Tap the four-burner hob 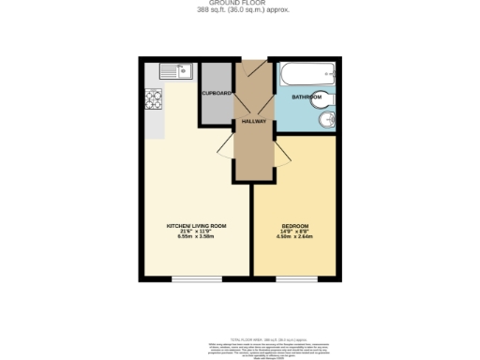coord(155,98)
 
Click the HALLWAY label coord(254,122)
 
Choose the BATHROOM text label coord(305,97)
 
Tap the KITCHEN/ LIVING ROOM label coord(196,226)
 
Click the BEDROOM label coord(296,226)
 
